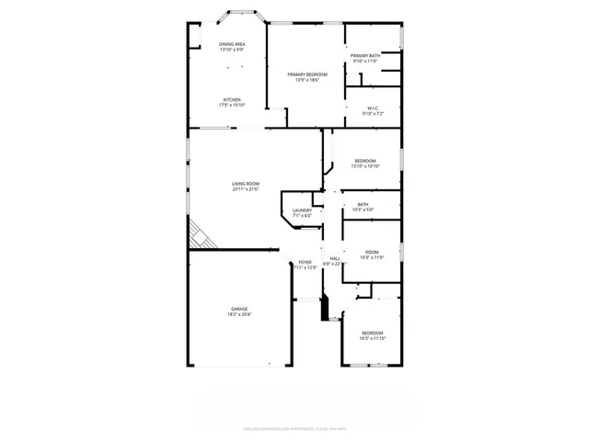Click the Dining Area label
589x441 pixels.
click(232, 44)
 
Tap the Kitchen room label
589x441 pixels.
click(232, 99)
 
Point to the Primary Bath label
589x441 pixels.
click(365, 56)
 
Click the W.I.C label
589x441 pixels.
click(373, 108)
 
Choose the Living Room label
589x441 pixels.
click(246, 184)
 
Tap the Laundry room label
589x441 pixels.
click(302, 210)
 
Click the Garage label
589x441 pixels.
click(238, 309)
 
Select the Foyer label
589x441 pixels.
click(306, 263)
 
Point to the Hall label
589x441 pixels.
click(335, 259)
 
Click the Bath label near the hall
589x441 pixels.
click(363, 204)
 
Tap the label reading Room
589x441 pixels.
click(372, 252)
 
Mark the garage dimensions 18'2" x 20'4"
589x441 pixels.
click(238, 315)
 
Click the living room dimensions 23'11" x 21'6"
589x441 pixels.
click(246, 189)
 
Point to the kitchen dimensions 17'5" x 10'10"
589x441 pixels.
click(232, 105)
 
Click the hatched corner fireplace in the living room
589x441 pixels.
click(201, 236)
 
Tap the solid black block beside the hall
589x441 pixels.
click(324, 308)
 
